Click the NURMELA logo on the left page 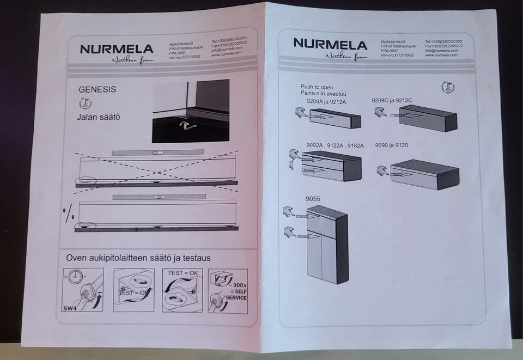(x=117, y=49)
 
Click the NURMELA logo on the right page (x=330, y=44)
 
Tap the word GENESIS (x=98, y=89)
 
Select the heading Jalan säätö (x=98, y=117)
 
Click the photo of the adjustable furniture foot (x=190, y=111)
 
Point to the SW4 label (x=69, y=308)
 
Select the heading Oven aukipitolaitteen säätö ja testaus (x=138, y=258)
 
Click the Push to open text (x=317, y=87)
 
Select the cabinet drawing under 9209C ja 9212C (x=427, y=117)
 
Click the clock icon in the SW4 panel (x=75, y=277)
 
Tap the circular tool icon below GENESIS (x=86, y=103)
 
